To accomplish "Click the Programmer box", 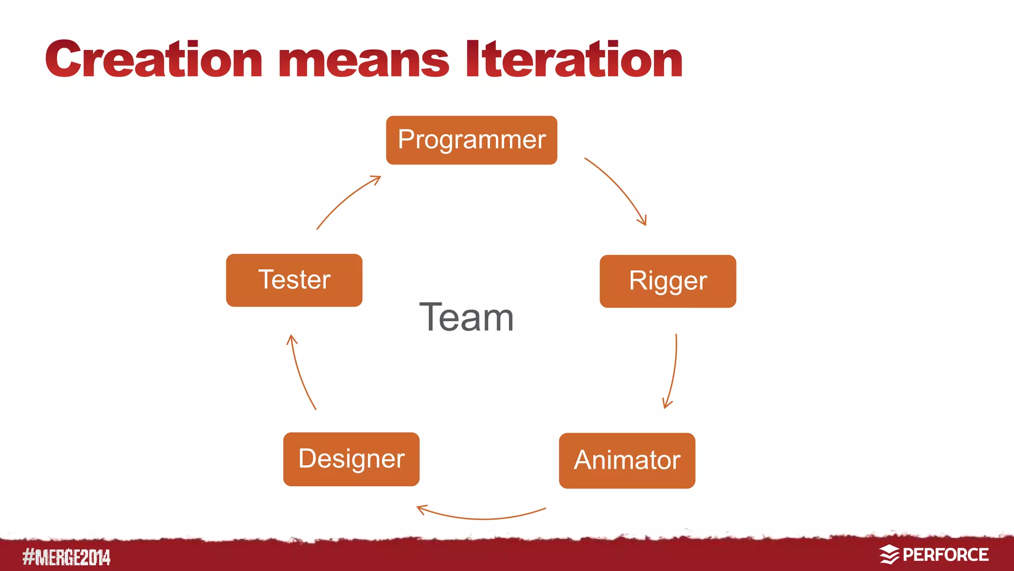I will point(471,140).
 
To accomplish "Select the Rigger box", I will point(667,281).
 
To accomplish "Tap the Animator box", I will point(627,460).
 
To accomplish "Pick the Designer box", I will point(351,459).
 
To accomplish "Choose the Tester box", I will point(294,280).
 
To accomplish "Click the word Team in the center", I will point(466,317).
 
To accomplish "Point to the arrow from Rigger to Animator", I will point(673,371).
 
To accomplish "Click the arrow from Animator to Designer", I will point(483,518).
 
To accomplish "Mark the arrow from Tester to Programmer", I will point(347,199).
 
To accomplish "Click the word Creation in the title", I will point(153,60).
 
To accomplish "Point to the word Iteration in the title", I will point(574,60).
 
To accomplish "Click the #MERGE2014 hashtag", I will point(66,557).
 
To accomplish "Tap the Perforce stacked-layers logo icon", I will point(889,554).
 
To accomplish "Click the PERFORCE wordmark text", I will point(945,555).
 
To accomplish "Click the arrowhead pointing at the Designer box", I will point(421,509).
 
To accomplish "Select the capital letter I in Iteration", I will point(472,59).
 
